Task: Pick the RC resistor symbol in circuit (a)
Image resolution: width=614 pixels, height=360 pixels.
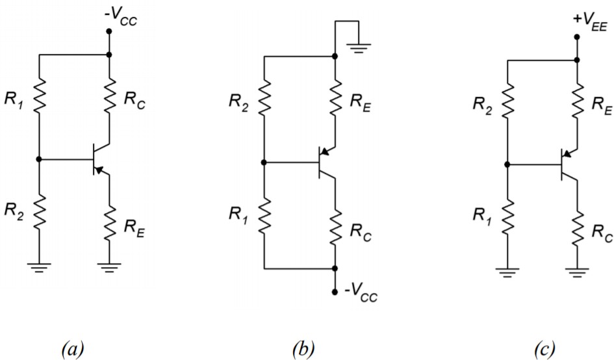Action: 109,97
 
